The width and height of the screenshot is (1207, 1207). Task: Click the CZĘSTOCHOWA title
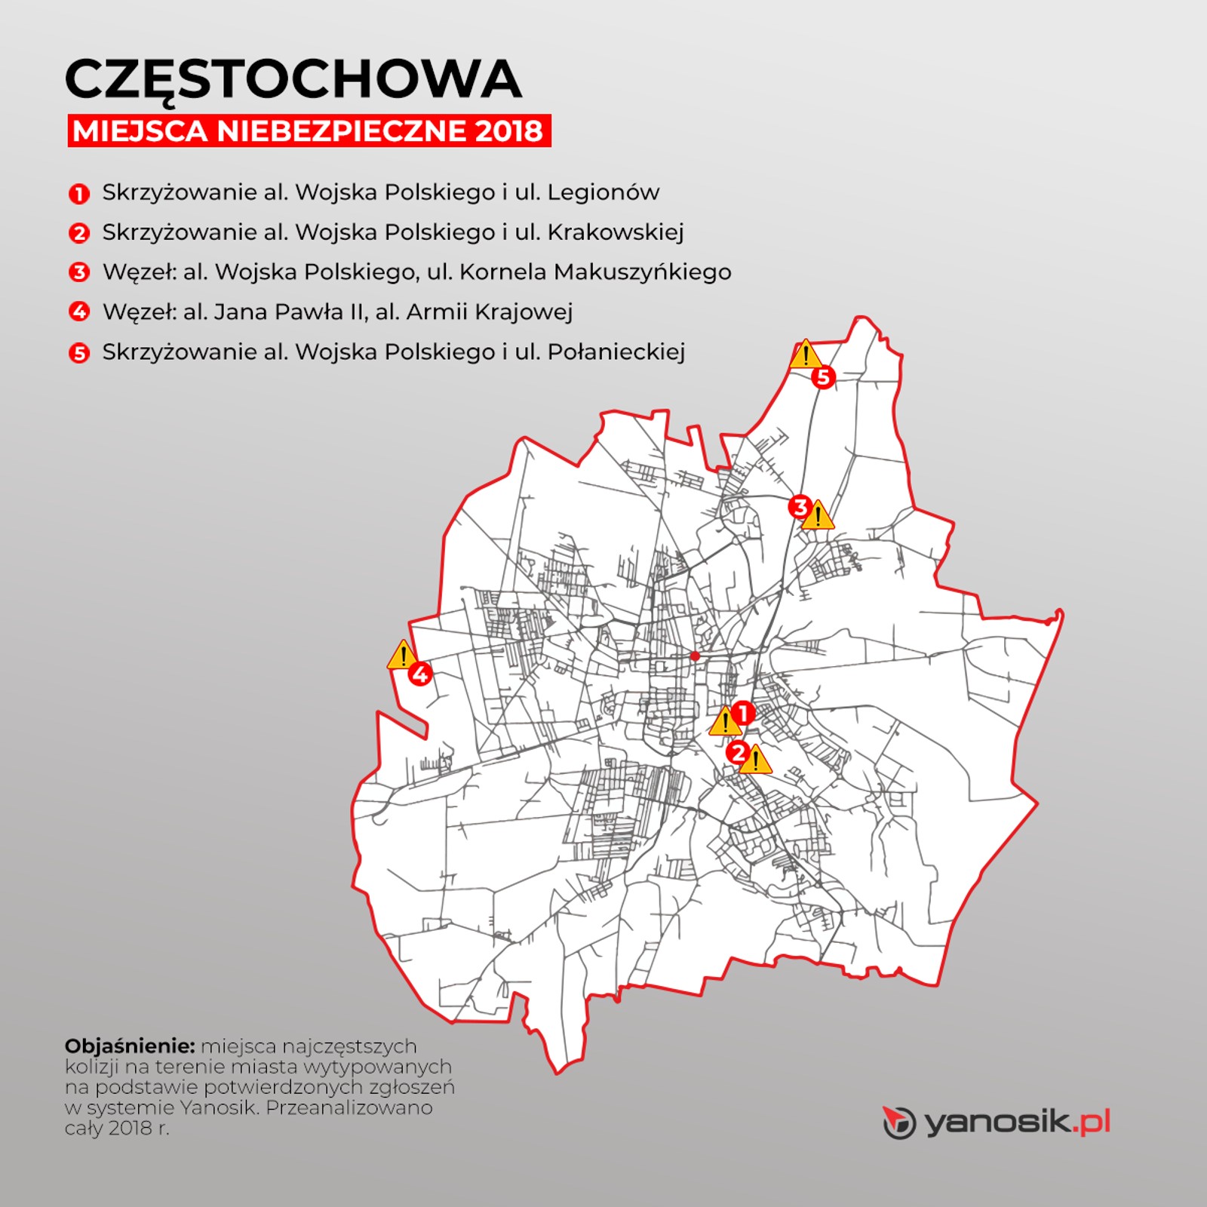[293, 79]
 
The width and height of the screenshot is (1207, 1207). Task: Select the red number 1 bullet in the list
[79, 194]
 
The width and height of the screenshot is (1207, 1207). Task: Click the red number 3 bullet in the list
[79, 272]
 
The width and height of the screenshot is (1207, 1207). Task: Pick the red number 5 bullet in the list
[79, 353]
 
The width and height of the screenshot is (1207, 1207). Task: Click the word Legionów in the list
[603, 192]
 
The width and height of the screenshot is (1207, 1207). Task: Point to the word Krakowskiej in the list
[615, 232]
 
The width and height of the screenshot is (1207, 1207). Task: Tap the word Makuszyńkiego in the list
[642, 272]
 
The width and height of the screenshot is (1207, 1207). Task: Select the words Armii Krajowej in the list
[490, 312]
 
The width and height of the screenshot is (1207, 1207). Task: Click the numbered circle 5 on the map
[823, 376]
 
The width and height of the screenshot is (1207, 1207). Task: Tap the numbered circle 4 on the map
[419, 674]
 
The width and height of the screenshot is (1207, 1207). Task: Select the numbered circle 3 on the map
[800, 507]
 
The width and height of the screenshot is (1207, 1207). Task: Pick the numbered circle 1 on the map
[743, 713]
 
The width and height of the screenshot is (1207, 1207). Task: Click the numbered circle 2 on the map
[737, 752]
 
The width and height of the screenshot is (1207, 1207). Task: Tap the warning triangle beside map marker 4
[402, 656]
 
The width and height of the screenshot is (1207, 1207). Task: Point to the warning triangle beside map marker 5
[805, 355]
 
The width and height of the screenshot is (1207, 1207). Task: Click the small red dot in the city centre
[695, 656]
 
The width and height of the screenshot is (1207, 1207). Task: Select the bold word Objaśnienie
[130, 1046]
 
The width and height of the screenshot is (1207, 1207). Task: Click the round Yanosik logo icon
[899, 1123]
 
